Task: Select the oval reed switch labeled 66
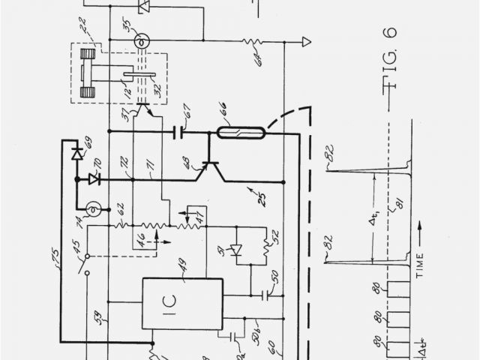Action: [235, 133]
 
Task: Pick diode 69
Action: [76, 153]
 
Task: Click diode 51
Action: [235, 249]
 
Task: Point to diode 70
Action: [93, 179]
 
